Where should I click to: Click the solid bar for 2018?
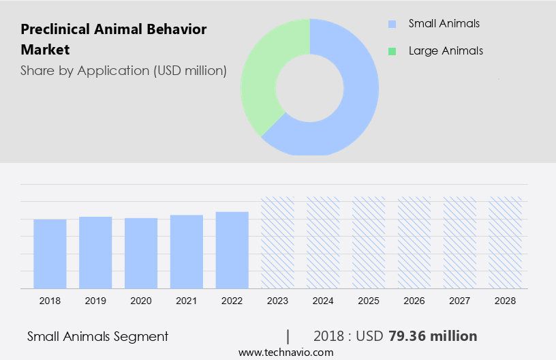50,254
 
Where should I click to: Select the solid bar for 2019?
95,252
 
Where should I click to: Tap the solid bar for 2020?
141,253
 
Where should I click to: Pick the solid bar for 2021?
187,252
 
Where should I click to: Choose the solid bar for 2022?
232,250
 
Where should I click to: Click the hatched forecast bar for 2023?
278,243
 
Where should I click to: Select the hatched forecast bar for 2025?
369,243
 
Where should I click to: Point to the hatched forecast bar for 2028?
506,243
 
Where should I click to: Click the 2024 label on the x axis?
323,300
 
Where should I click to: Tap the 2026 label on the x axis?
414,300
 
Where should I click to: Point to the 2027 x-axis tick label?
460,300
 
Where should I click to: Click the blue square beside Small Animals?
392,24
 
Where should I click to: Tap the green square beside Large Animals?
392,51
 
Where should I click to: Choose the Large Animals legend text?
446,51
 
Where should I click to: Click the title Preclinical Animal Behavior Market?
113,40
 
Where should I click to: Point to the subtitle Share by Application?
123,70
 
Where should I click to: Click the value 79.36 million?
433,336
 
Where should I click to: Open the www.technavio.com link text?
286,352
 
